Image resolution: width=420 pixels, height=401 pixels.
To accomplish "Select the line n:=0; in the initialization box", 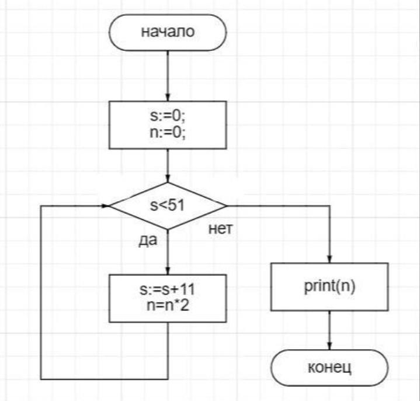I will tap(168, 132).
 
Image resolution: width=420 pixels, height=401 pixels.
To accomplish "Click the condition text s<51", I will tap(168, 206).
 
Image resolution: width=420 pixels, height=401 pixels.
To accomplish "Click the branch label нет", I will tap(221, 230).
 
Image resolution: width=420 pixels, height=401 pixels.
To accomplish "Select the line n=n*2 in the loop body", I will tap(168, 305).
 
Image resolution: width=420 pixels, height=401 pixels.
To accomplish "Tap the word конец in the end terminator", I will tap(329, 368).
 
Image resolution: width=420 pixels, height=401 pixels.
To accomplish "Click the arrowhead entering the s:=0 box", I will tap(168, 98).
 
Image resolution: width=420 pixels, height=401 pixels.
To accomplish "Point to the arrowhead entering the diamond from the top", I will tap(168, 179).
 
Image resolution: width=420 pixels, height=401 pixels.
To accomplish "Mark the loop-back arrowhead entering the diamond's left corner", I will tap(106, 206).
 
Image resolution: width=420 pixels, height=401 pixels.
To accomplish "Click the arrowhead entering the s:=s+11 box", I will tap(168, 271).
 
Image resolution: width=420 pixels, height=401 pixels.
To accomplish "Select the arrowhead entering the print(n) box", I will tap(329, 260).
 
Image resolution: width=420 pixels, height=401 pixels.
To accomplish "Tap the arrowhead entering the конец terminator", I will tap(329, 346).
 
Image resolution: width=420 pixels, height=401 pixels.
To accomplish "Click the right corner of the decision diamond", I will tap(227, 206).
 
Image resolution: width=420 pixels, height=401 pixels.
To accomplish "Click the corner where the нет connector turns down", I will tap(329, 206).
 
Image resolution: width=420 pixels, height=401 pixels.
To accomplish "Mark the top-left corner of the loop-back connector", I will tap(41, 206).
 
